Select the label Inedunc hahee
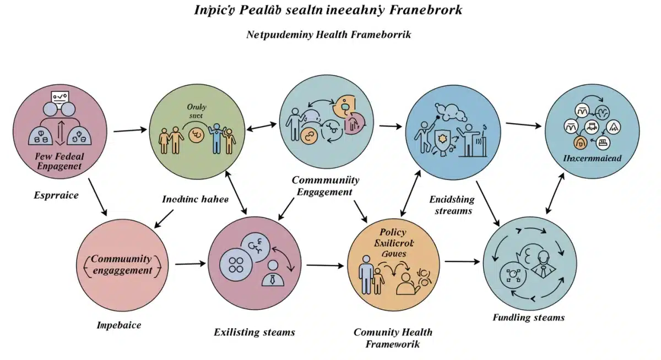195,199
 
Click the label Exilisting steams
254,332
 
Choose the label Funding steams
528,317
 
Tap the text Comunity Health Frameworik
393,338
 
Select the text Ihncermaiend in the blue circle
593,159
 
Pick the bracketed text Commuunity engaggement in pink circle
122,265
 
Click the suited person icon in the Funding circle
543,264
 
